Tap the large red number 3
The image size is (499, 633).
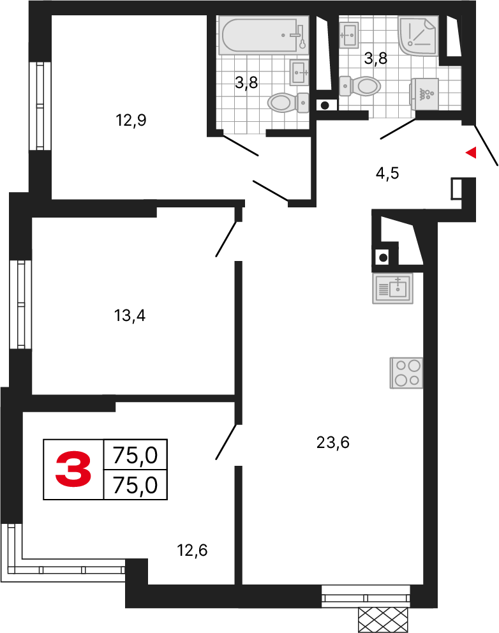[x=73, y=469]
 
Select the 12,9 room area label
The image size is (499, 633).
[x=131, y=121]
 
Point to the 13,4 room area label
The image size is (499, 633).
[x=130, y=315]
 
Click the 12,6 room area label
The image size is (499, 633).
[x=192, y=550]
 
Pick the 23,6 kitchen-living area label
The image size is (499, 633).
[x=332, y=442]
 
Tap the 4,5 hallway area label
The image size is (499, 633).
[x=387, y=173]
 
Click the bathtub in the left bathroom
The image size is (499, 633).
[x=264, y=35]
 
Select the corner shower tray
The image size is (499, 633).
[x=418, y=36]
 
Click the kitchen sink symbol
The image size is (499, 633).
[x=393, y=288]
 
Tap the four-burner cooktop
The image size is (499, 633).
[x=406, y=373]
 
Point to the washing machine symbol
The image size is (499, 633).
[x=424, y=94]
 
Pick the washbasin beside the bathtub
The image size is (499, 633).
[x=300, y=72]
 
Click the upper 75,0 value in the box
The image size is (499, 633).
[x=135, y=456]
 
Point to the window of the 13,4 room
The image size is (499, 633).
[x=20, y=304]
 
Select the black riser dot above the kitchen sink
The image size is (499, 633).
[x=383, y=257]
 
